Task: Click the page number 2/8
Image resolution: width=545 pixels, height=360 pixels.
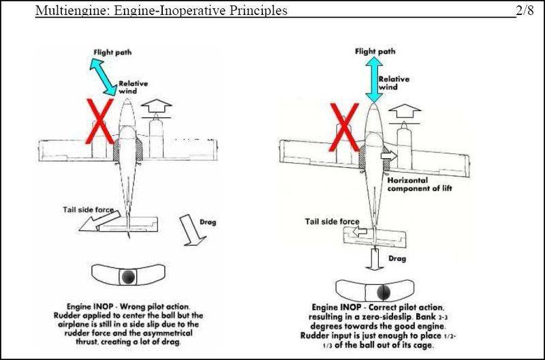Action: tap(525, 10)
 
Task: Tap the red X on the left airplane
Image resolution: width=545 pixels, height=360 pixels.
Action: tap(99, 121)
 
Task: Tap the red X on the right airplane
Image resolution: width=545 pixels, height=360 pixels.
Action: tap(344, 127)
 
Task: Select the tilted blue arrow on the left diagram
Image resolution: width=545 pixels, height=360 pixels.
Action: tap(104, 77)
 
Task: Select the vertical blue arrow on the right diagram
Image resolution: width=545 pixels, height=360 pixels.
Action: tap(374, 80)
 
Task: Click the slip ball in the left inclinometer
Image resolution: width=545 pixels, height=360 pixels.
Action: tap(128, 277)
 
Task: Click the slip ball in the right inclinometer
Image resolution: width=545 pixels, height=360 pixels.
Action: tap(384, 293)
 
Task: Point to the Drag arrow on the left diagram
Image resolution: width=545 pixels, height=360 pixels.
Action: tap(192, 230)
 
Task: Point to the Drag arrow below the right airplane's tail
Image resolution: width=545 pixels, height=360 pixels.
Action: tap(375, 259)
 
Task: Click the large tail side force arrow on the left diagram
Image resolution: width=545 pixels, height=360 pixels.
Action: tap(99, 221)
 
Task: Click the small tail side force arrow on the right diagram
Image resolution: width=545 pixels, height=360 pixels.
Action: tap(360, 231)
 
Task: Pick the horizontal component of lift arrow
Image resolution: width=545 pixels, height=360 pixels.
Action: tap(389, 155)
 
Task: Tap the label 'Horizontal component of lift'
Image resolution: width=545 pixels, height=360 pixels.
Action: tap(420, 184)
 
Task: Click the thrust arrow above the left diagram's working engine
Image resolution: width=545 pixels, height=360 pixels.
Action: tap(156, 106)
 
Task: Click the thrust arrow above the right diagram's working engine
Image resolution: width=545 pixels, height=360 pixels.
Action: tap(404, 112)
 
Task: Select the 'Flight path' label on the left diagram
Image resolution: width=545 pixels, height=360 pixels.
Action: tap(112, 52)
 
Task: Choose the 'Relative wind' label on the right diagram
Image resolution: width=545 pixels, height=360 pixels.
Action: tap(394, 83)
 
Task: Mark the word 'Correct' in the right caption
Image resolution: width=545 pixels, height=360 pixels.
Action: tap(384, 307)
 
